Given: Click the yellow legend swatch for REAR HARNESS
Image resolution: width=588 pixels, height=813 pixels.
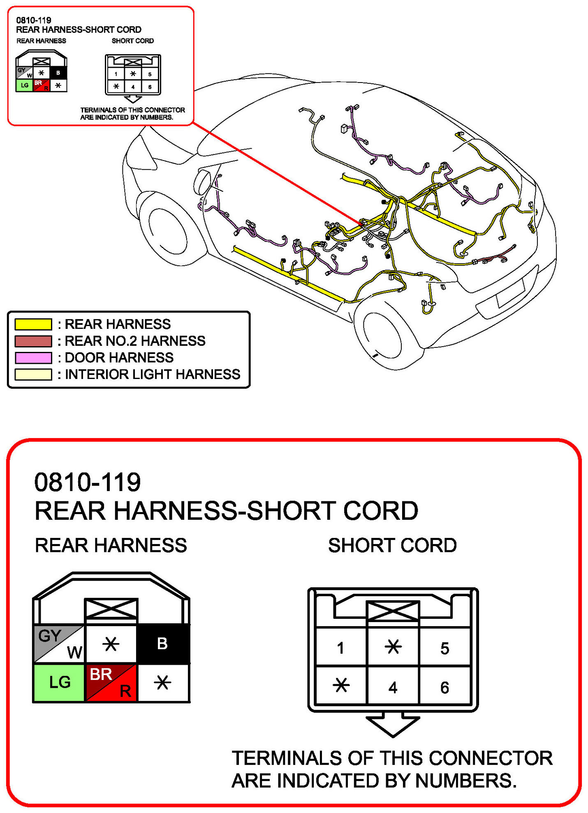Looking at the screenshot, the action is (33, 324).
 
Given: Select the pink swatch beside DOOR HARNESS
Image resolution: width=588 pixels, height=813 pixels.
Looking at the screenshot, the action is (33, 358).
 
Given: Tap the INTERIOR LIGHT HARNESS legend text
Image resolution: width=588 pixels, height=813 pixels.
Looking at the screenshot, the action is (152, 374).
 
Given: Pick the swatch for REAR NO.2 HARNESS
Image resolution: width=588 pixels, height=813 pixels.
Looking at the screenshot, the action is (33, 341).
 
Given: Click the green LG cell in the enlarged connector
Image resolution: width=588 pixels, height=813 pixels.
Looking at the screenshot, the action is (59, 682).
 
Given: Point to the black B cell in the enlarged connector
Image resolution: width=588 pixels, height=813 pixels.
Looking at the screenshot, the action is (163, 643).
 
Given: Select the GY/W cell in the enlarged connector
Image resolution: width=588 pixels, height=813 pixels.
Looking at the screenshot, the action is (59, 643).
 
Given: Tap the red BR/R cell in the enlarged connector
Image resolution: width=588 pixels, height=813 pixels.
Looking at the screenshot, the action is (111, 682).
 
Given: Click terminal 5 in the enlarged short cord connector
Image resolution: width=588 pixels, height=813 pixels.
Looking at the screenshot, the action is (444, 648).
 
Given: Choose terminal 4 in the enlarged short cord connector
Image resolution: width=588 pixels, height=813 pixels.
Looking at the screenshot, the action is (393, 687).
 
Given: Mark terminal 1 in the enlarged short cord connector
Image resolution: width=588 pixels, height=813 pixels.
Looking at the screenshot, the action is (340, 648).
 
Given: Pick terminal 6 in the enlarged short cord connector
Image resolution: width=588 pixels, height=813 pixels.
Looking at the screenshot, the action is (444, 687).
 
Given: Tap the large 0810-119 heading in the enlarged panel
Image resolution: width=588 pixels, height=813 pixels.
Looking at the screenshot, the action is (87, 482).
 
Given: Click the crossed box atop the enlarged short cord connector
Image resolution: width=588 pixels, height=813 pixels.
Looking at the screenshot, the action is (393, 611).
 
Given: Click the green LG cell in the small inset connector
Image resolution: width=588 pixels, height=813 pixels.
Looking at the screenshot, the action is (24, 85).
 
